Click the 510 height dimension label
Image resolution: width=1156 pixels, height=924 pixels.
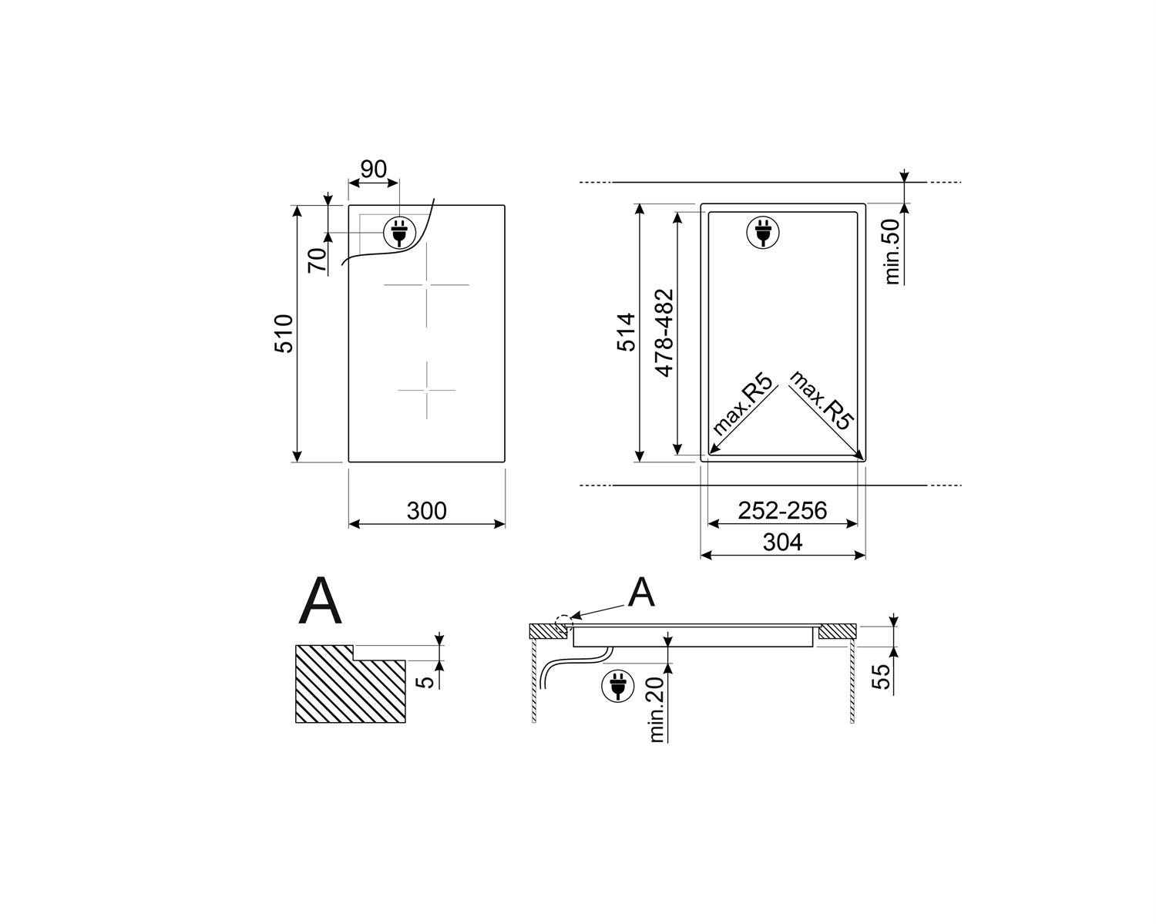pyautogui.click(x=284, y=334)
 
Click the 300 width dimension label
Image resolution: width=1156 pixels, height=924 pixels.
pyautogui.click(x=426, y=511)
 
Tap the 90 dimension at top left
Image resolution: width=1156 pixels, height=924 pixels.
pyautogui.click(x=373, y=169)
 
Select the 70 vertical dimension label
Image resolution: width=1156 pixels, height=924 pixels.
pyautogui.click(x=317, y=260)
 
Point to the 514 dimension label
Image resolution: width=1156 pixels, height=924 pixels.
pyautogui.click(x=628, y=332)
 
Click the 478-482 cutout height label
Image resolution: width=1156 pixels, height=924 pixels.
pyautogui.click(x=664, y=332)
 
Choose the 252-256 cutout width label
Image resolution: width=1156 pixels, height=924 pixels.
pyautogui.click(x=781, y=510)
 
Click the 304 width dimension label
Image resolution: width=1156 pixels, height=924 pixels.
pyautogui.click(x=782, y=543)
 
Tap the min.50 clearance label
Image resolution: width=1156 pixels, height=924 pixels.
pyautogui.click(x=892, y=251)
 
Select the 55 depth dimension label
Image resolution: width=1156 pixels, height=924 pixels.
pyautogui.click(x=881, y=676)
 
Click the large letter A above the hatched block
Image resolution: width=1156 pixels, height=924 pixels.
pyautogui.click(x=320, y=603)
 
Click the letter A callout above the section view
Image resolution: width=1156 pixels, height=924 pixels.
pyautogui.click(x=641, y=593)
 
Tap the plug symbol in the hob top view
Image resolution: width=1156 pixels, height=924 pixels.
pyautogui.click(x=398, y=230)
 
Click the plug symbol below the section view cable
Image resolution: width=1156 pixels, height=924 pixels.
pyautogui.click(x=617, y=685)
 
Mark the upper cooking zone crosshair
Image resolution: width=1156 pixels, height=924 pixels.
pyautogui.click(x=426, y=285)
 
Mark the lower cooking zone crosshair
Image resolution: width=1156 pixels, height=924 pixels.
pyautogui.click(x=426, y=390)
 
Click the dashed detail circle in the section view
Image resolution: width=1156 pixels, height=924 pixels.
pyautogui.click(x=563, y=621)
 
